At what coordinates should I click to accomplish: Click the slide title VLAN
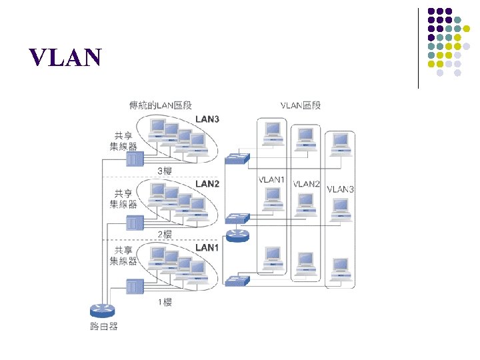(65, 59)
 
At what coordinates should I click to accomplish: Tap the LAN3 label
(207, 119)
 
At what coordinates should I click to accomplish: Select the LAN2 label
(207, 183)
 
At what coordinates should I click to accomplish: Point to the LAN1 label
(207, 247)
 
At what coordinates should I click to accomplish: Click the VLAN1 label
(271, 180)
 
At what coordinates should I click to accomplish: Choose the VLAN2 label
(307, 184)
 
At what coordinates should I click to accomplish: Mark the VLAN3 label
(340, 189)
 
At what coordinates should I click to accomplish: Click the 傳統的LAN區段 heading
(160, 105)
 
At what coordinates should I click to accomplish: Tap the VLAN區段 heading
(301, 105)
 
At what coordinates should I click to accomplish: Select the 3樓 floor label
(165, 171)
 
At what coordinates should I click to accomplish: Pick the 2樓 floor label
(165, 234)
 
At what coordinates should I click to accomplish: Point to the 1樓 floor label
(165, 302)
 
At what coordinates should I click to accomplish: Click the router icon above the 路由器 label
(103, 310)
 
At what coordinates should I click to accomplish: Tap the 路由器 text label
(103, 326)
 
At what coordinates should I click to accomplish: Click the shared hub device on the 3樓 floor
(135, 159)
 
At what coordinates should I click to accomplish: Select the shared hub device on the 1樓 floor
(135, 287)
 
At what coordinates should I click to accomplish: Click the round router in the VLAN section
(237, 234)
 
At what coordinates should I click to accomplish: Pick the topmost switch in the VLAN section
(237, 158)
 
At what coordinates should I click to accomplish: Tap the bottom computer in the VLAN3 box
(340, 270)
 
